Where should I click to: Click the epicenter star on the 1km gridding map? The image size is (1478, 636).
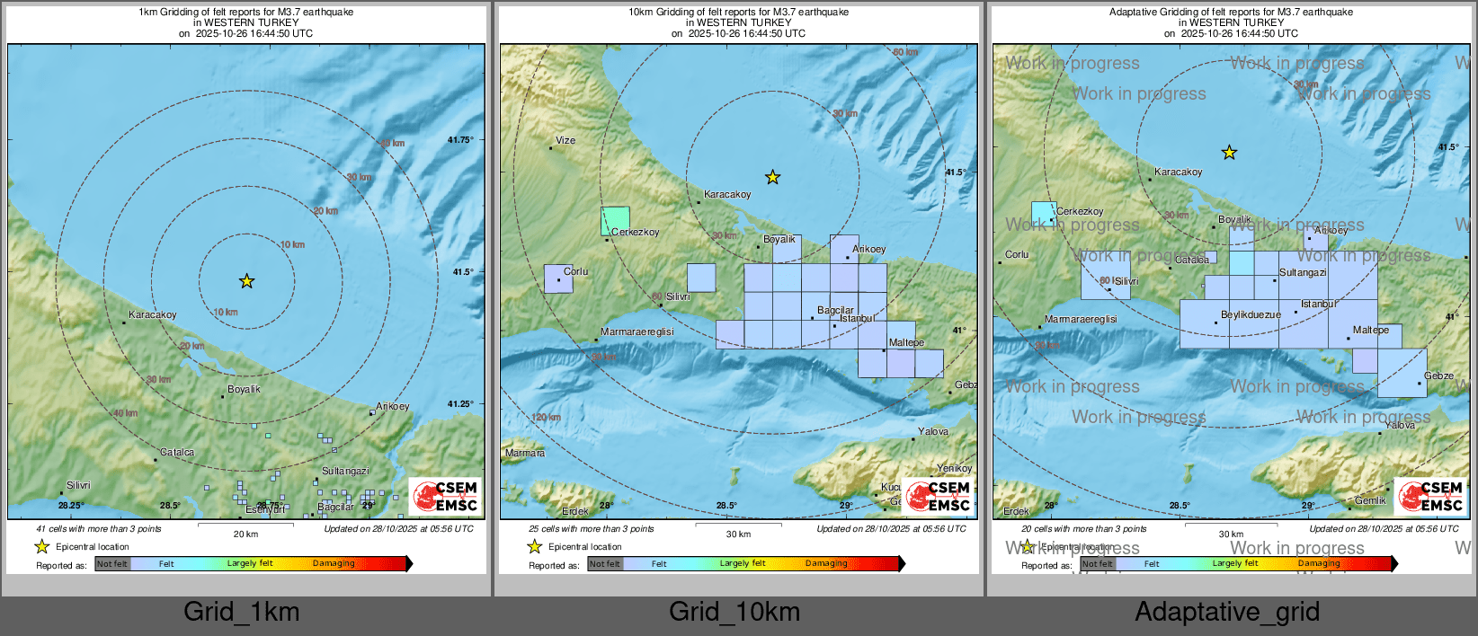[246, 281]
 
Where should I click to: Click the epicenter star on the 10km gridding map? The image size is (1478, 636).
[772, 177]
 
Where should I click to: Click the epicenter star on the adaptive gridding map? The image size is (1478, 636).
[1229, 153]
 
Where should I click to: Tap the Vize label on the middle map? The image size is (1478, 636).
[565, 140]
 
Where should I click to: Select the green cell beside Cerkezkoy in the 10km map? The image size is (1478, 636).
[615, 220]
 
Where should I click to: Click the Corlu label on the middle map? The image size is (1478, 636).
[575, 271]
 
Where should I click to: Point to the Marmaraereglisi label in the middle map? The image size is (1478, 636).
[637, 331]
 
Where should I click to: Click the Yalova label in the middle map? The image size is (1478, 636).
[932, 431]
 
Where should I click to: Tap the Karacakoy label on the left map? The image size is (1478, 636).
[153, 314]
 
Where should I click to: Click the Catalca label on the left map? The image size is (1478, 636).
[177, 452]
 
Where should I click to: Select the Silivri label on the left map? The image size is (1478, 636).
[78, 485]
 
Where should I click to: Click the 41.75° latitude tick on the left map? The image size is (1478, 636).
[460, 139]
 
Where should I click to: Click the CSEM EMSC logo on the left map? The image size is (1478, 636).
[446, 496]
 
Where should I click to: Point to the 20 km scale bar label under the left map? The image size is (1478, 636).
[245, 534]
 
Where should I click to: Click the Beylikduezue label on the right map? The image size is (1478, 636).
[1251, 314]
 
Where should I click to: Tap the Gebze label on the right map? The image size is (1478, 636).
[1438, 375]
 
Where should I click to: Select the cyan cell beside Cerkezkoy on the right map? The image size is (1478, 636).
[1043, 213]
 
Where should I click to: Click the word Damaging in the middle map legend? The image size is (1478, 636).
[826, 563]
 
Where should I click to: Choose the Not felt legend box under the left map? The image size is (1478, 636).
[112, 563]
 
